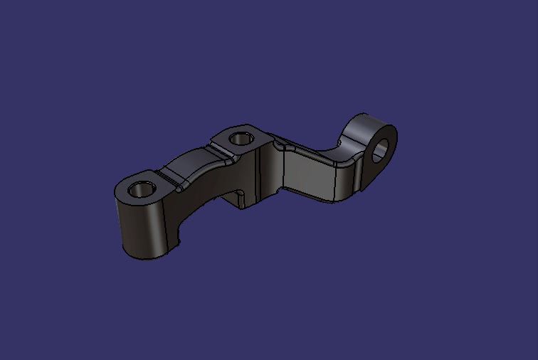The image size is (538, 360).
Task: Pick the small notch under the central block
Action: click(x=243, y=196)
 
